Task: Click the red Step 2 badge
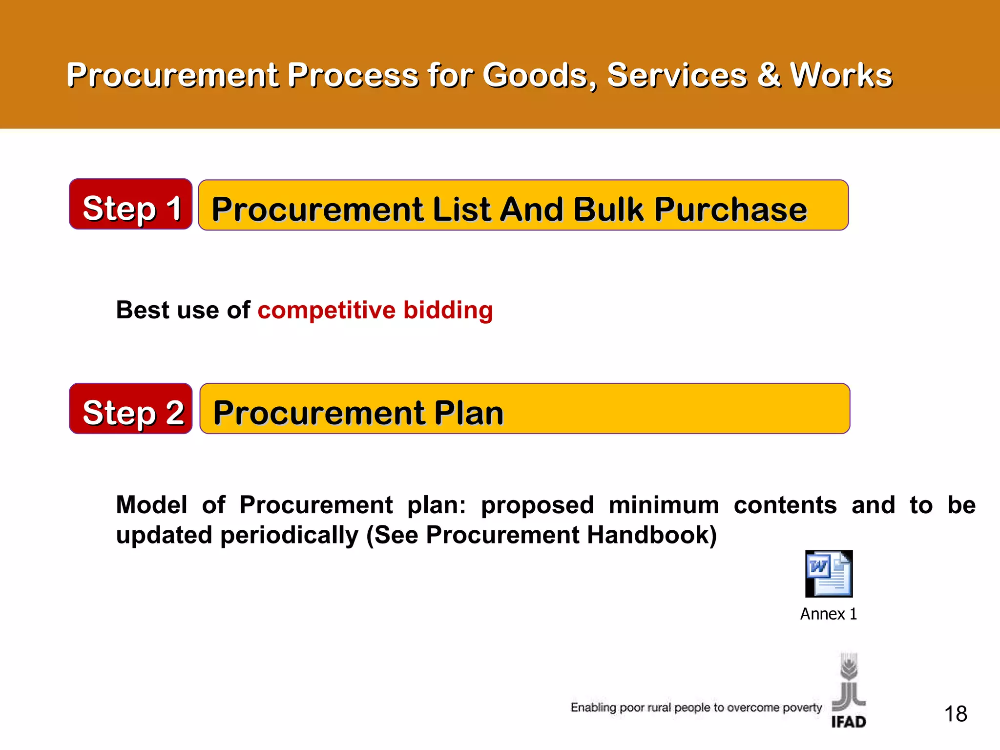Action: [x=130, y=409]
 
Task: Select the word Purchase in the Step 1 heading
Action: [x=730, y=209]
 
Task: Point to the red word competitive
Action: [x=326, y=311]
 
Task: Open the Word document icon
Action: [x=829, y=574]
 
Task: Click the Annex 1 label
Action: [x=829, y=614]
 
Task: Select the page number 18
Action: [x=956, y=714]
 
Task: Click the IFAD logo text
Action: [x=849, y=722]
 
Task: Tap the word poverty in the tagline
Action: [x=802, y=708]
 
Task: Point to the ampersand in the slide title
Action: [x=769, y=76]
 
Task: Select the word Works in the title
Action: [x=841, y=76]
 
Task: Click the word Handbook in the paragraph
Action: [x=652, y=535]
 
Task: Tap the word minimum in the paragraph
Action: [x=664, y=505]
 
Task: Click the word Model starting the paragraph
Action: [x=151, y=505]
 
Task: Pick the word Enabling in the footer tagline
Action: [x=593, y=708]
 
